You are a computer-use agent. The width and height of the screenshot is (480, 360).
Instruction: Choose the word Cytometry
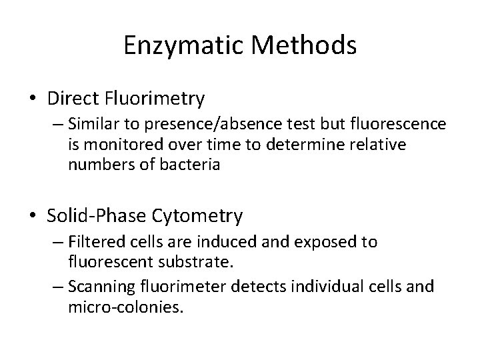pos(199,216)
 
